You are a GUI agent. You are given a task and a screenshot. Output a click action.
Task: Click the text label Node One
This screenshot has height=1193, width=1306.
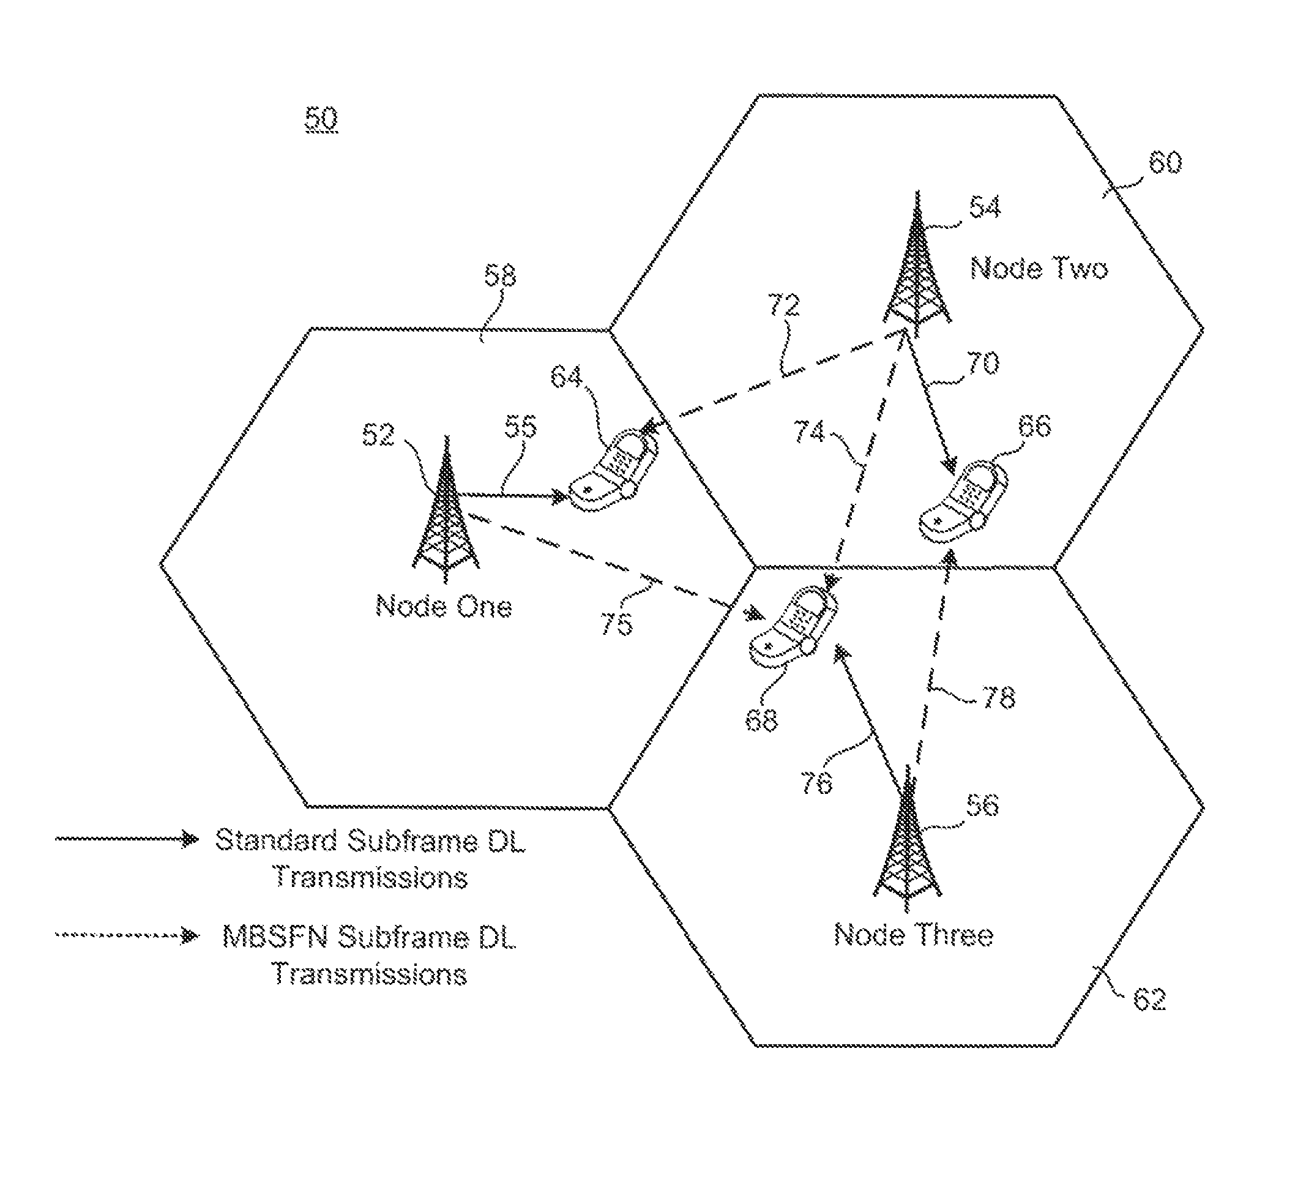pos(444,607)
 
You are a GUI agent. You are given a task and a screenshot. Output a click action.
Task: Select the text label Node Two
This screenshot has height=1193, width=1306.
pos(1039,267)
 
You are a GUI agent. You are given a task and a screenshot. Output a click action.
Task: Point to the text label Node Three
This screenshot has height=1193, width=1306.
pos(914,935)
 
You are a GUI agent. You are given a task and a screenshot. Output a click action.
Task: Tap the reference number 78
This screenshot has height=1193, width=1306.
pos(998,697)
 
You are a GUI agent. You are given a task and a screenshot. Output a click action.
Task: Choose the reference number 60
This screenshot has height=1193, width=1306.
pos(1165,162)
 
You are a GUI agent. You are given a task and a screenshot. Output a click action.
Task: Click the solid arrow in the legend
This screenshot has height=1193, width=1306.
pos(127,839)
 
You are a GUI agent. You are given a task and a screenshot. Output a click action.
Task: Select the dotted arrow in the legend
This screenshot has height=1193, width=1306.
pos(127,935)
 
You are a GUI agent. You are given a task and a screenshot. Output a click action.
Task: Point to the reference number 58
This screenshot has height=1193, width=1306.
pos(500,276)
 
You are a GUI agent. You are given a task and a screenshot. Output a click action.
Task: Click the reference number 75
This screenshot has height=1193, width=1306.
pos(616,624)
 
